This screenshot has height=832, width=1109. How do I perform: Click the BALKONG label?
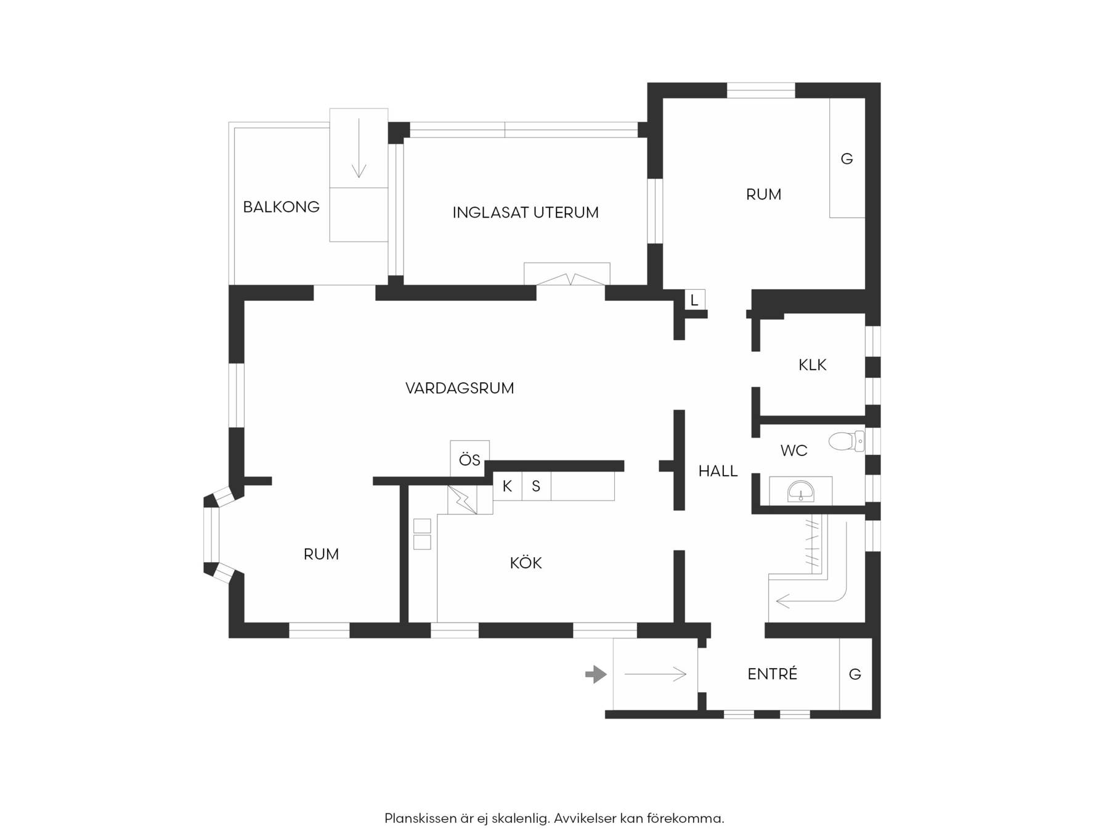point(281,207)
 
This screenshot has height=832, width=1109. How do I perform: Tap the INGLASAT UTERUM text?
point(526,213)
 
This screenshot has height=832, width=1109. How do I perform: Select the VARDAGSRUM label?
point(460,388)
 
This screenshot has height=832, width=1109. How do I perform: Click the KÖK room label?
point(526,563)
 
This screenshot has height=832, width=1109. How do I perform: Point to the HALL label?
point(718,471)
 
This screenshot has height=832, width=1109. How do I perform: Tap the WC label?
point(794,451)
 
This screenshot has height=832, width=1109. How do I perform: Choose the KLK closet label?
point(812,365)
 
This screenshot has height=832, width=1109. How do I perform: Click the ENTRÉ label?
point(772,674)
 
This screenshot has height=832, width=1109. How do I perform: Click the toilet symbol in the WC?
point(847,441)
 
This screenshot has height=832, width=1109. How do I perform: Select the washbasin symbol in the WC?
point(801,491)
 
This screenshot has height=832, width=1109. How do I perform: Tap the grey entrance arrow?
point(596,674)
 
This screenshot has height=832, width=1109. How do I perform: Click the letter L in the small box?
point(694,301)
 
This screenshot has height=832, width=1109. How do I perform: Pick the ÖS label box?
point(469,459)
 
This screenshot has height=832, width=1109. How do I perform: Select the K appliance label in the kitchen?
point(507,486)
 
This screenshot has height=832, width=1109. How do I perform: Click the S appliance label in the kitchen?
point(536,486)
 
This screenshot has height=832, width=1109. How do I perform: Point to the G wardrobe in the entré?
point(855,674)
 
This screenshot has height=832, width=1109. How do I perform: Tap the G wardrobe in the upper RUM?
point(847,158)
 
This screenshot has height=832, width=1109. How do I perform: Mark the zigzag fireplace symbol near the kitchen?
point(463,499)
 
